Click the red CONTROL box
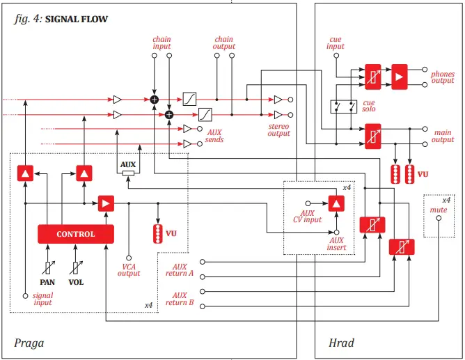pyautogui.click(x=76, y=234)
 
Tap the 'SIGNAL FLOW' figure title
pyautogui.click(x=77, y=19)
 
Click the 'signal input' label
pyautogui.click(x=42, y=300)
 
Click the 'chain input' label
pyautogui.click(x=161, y=43)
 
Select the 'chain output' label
pyautogui.click(x=223, y=43)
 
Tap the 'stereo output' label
pyautogui.click(x=278, y=130)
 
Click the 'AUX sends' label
pyautogui.click(x=214, y=136)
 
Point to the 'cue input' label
pyautogui.click(x=336, y=43)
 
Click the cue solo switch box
pyautogui.click(x=343, y=106)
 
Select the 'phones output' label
pyautogui.click(x=442, y=77)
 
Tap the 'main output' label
pyautogui.click(x=442, y=136)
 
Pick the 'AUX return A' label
pyautogui.click(x=180, y=269)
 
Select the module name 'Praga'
pyautogui.click(x=29, y=343)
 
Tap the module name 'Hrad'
pyautogui.click(x=341, y=343)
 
